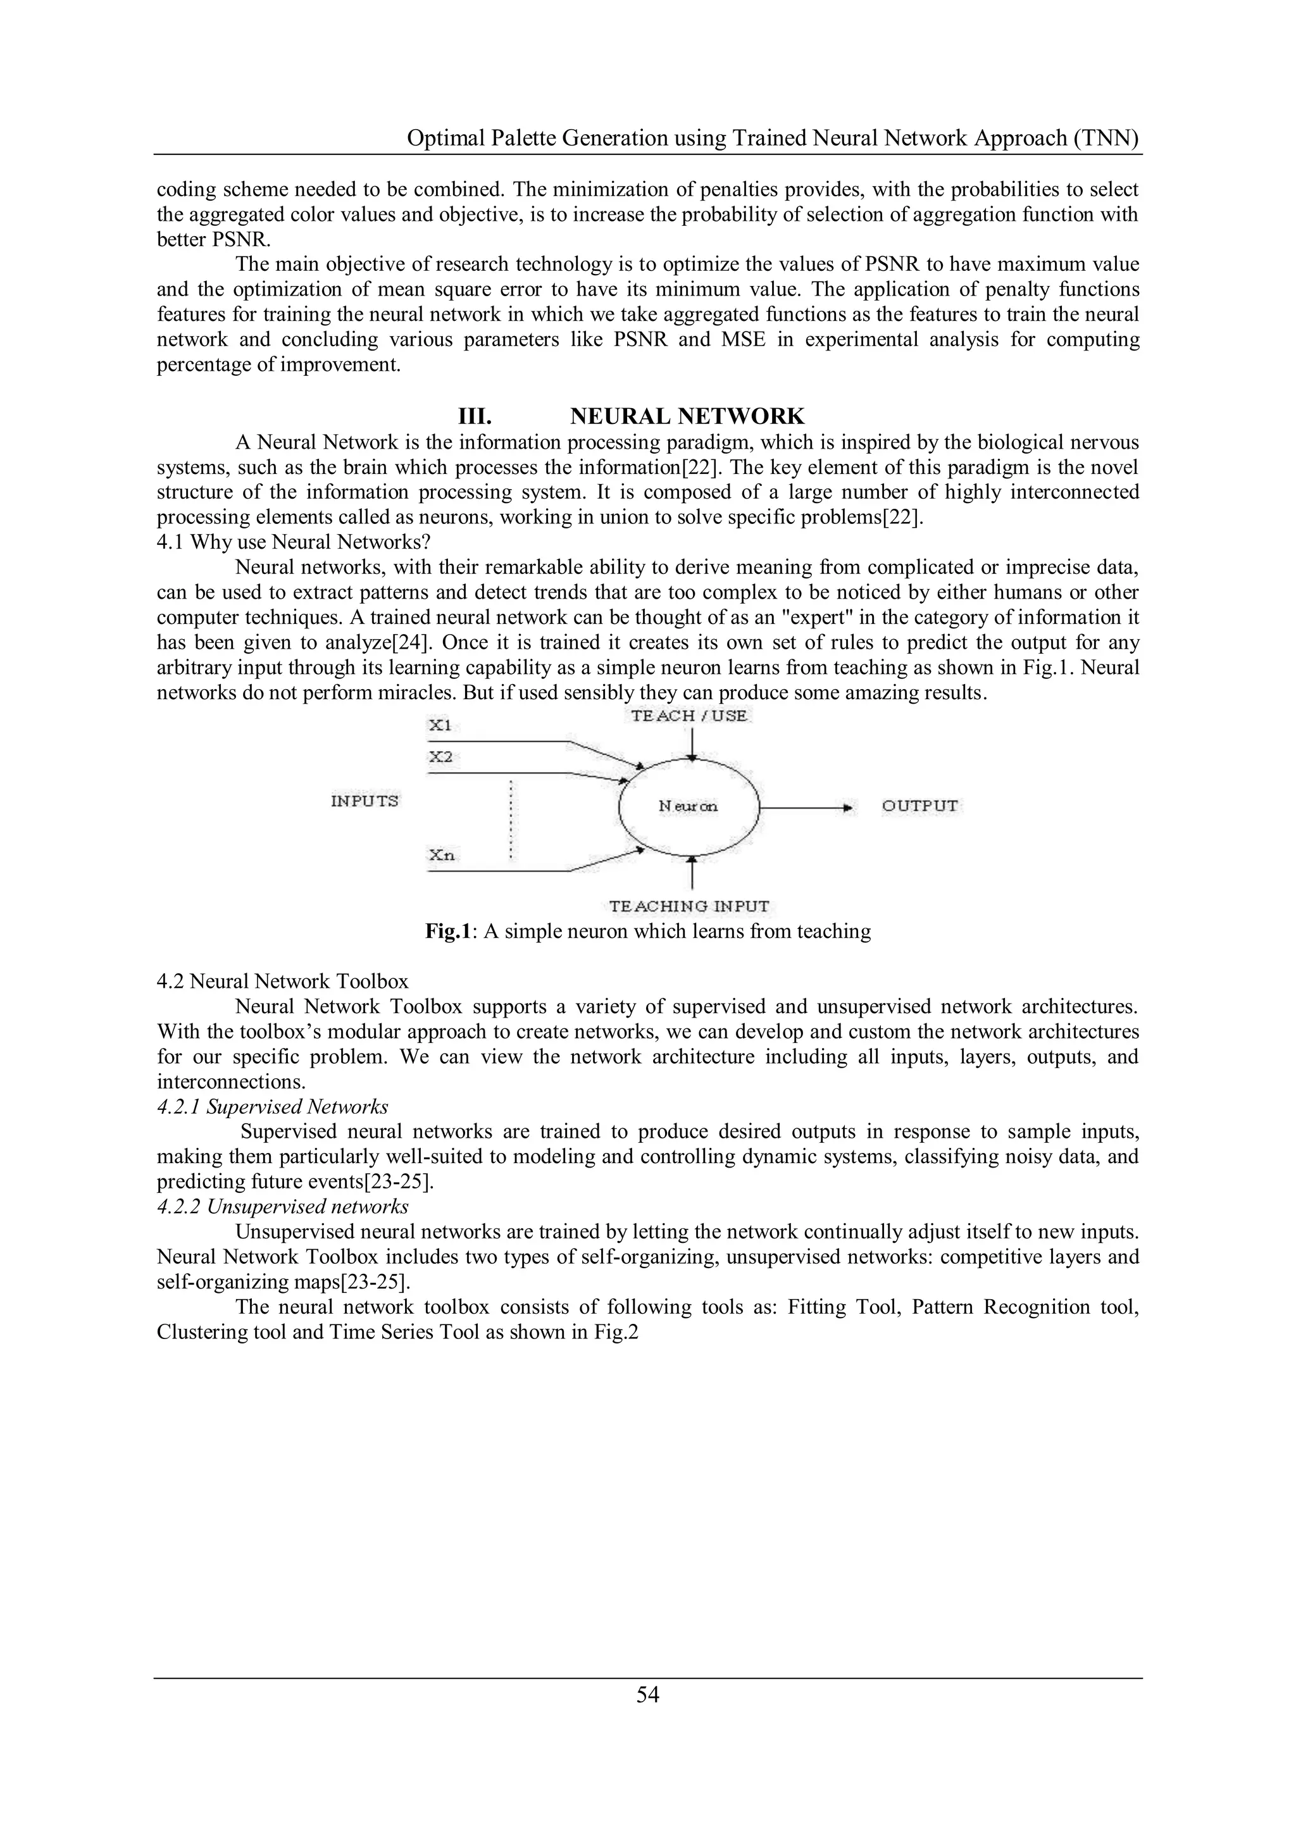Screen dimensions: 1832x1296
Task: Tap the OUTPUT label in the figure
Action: pyautogui.click(x=920, y=806)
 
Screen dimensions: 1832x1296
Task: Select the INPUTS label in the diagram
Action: pyautogui.click(x=364, y=801)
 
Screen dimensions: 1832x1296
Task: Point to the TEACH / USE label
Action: pyautogui.click(x=690, y=716)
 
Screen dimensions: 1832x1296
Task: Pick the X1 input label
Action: pyautogui.click(x=440, y=725)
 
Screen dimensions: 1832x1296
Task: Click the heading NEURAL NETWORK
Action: pyautogui.click(x=687, y=416)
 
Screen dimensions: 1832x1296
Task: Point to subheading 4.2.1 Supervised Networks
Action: pyautogui.click(x=273, y=1107)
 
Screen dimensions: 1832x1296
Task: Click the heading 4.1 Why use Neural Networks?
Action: pyautogui.click(x=294, y=542)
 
